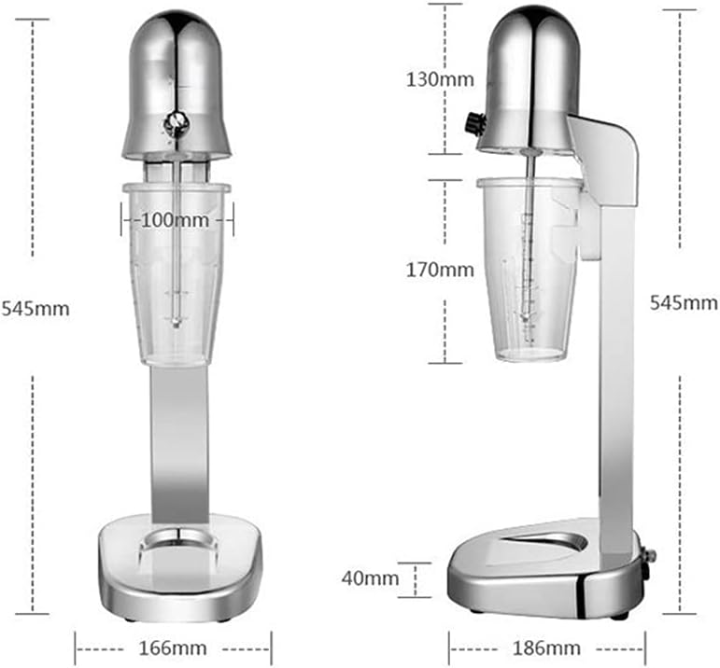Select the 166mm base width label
(x=173, y=646)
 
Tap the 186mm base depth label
(x=546, y=647)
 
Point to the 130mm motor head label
(x=440, y=79)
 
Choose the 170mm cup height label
(x=440, y=271)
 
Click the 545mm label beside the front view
(x=35, y=308)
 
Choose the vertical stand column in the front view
(x=176, y=438)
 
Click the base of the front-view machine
(x=177, y=569)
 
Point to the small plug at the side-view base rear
(x=649, y=556)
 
